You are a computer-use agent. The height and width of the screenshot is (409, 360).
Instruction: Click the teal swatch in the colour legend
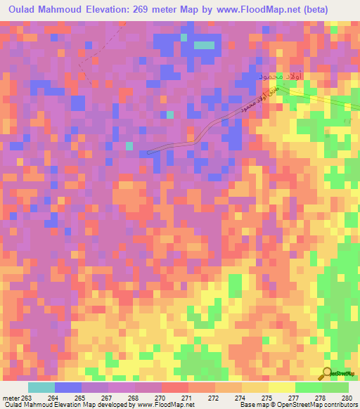point(41,387)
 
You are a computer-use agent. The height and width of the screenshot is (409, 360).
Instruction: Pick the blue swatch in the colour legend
point(68,387)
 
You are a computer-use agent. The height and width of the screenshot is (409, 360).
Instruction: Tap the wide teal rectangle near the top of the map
point(204,45)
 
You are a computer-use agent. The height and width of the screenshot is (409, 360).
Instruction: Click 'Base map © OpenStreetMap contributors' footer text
point(297,405)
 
